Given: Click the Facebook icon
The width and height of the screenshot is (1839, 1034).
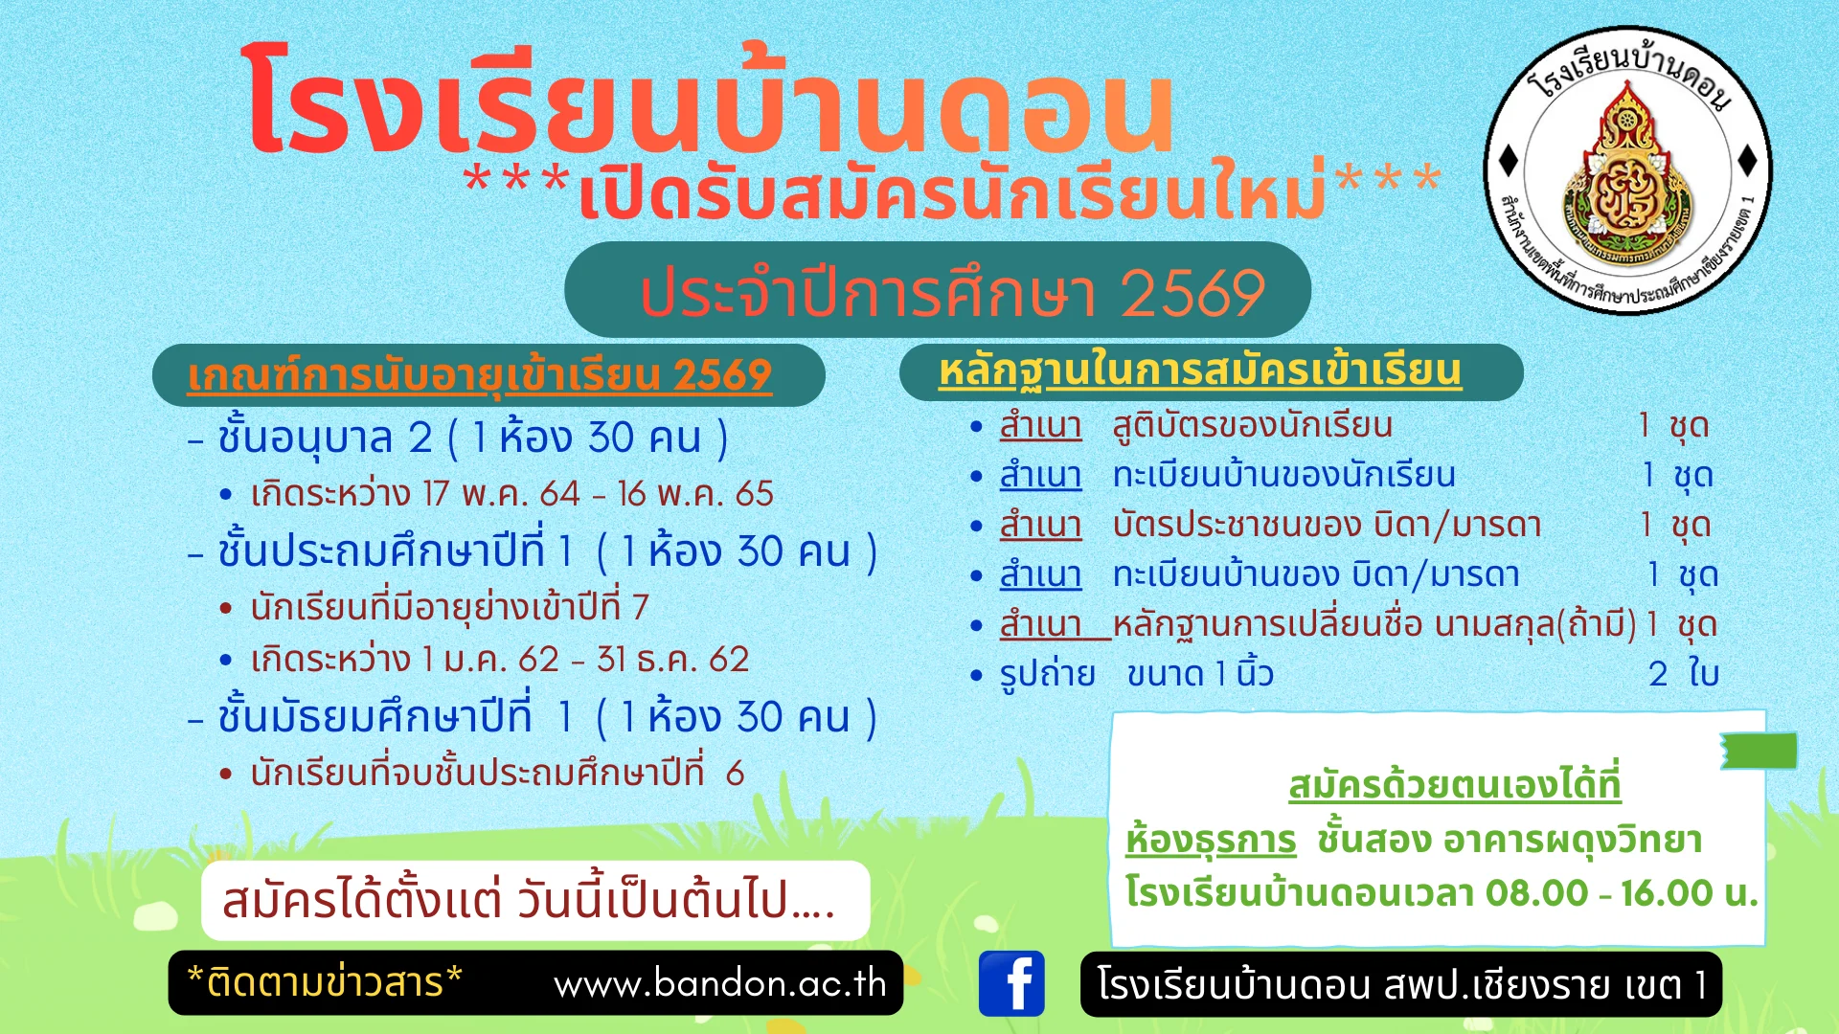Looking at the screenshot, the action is pyautogui.click(x=1011, y=983).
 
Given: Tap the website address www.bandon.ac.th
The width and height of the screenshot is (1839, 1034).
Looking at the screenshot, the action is pyautogui.click(x=720, y=983).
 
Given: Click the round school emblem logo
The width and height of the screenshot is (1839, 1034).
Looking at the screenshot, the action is pyautogui.click(x=1627, y=169).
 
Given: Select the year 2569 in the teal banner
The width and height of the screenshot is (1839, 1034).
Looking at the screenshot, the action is pyautogui.click(x=1192, y=292).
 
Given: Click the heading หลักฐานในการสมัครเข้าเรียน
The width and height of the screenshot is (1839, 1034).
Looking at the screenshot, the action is pyautogui.click(x=1200, y=371).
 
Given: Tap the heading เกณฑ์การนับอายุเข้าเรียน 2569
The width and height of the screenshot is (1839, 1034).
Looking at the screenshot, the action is pyautogui.click(x=479, y=375).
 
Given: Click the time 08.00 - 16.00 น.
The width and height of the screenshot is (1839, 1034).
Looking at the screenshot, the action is pyautogui.click(x=1622, y=893).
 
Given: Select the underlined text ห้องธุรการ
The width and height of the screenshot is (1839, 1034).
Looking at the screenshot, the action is pyautogui.click(x=1211, y=840).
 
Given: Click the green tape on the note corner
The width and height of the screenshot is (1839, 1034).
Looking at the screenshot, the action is pyautogui.click(x=1759, y=751).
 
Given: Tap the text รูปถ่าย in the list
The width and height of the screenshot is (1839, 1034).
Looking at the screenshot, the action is pyautogui.click(x=1047, y=674).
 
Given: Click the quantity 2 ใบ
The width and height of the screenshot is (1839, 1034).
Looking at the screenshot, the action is pyautogui.click(x=1684, y=673).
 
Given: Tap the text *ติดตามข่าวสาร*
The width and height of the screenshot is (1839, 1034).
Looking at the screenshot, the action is pyautogui.click(x=325, y=982).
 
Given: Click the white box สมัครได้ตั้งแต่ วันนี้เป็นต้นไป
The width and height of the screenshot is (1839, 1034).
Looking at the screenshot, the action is pyautogui.click(x=535, y=900).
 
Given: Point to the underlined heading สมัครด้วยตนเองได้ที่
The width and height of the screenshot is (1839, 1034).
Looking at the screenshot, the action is pyautogui.click(x=1454, y=785).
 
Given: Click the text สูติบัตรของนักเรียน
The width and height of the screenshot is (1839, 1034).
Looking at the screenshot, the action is pyautogui.click(x=1252, y=425).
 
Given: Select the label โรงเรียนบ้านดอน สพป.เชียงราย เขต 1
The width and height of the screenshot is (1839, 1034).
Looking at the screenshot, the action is pyautogui.click(x=1401, y=984).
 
